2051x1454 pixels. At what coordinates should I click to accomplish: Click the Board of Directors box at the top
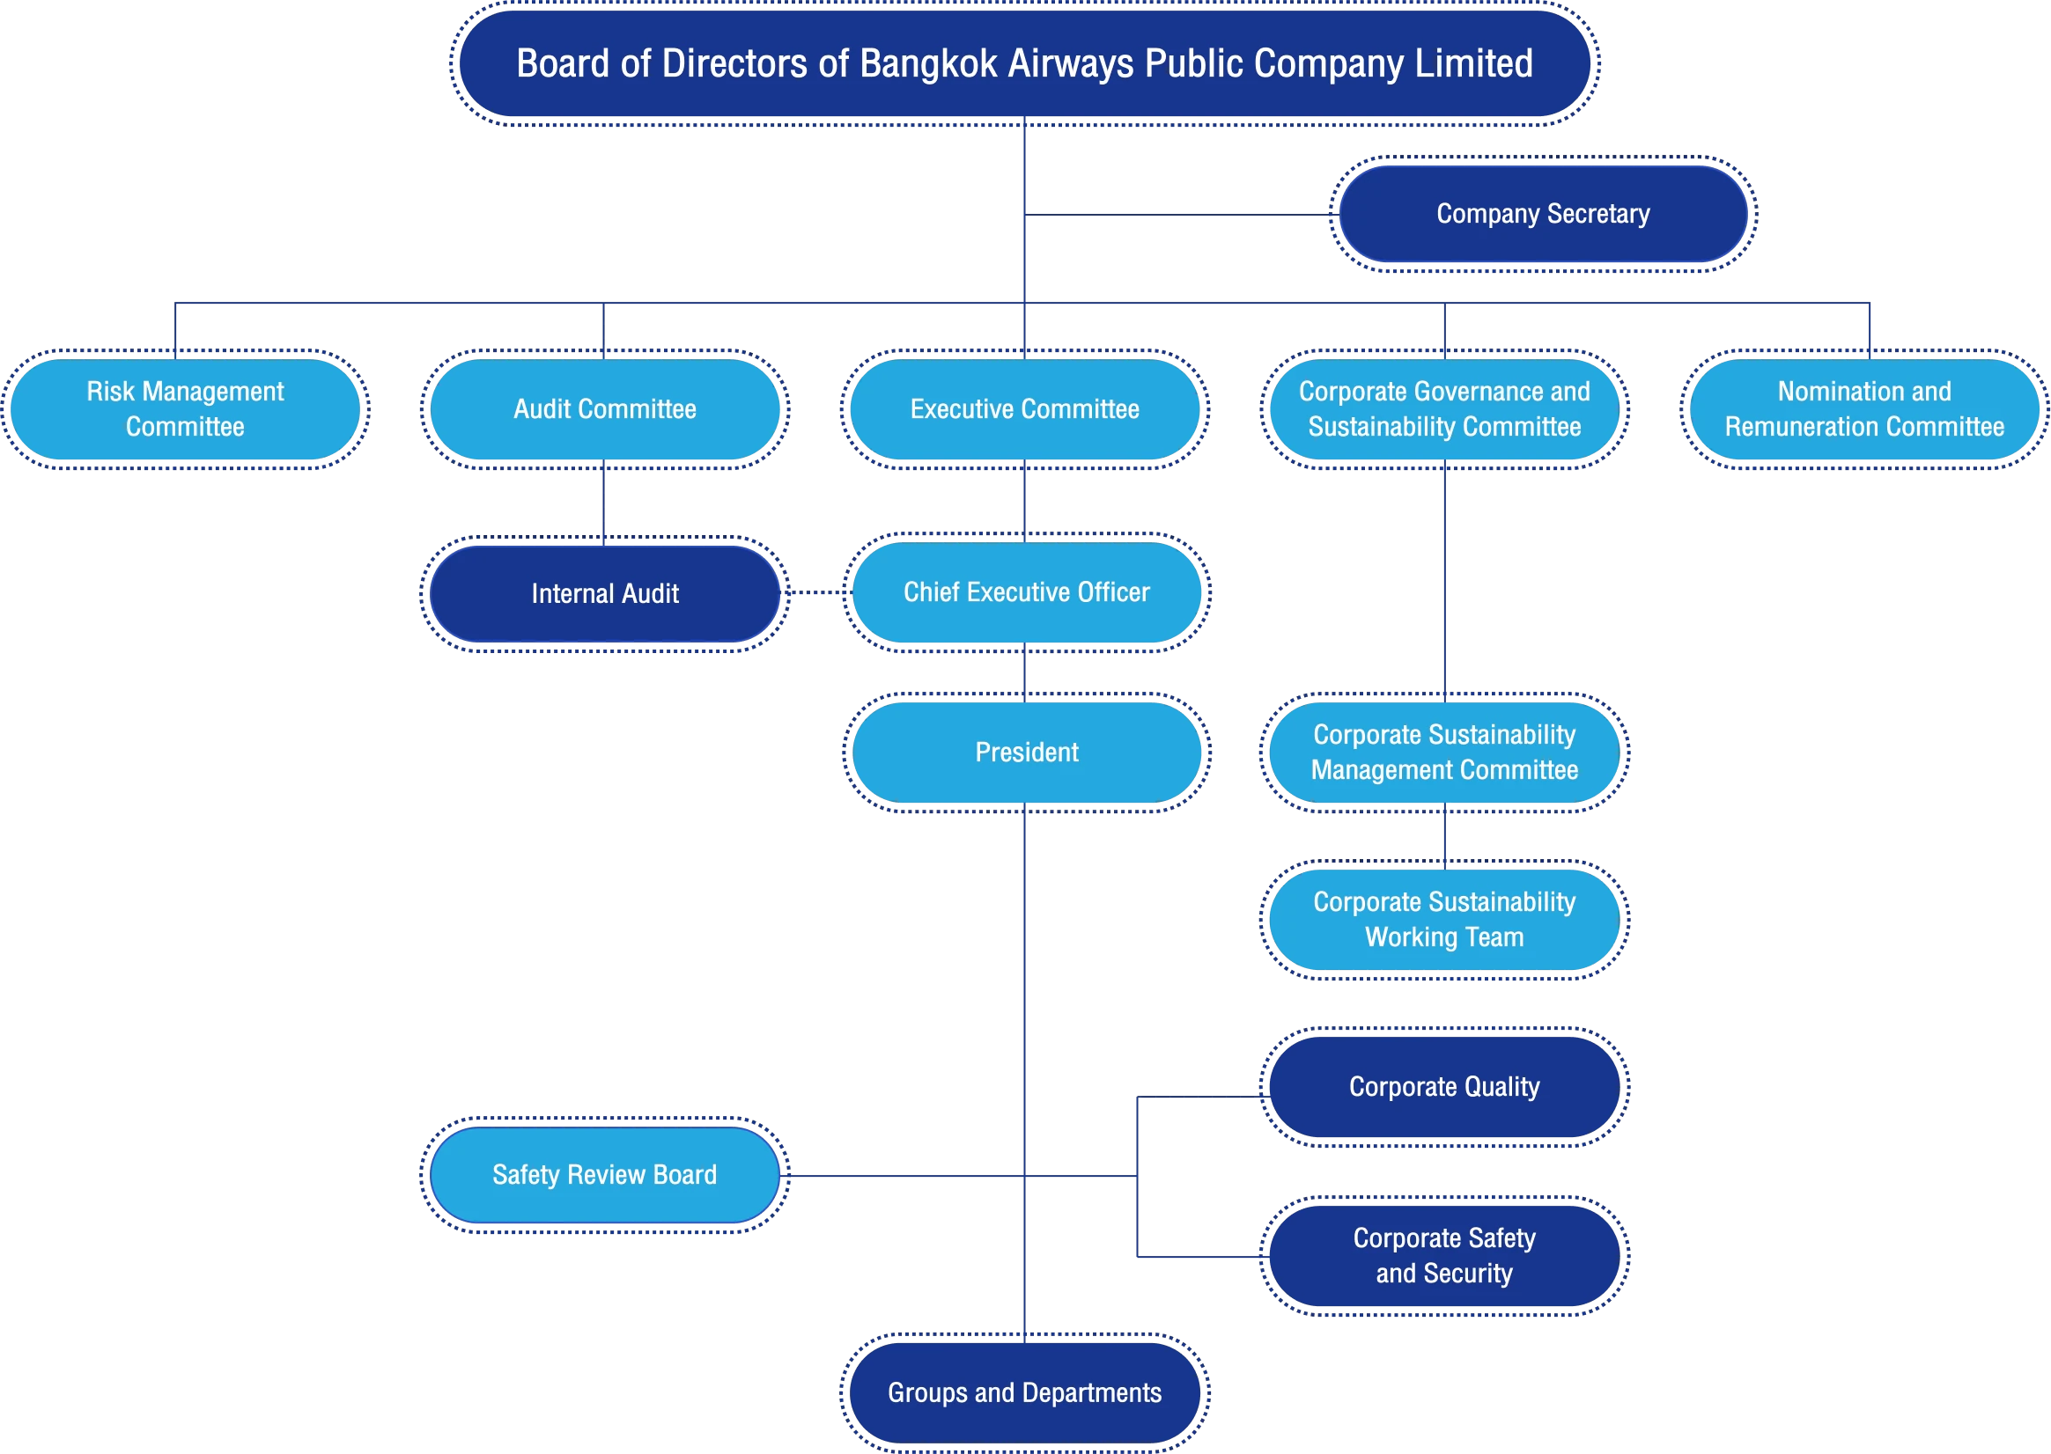point(1024,63)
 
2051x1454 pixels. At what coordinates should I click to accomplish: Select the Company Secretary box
point(1543,214)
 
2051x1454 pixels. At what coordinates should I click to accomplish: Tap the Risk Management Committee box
point(186,409)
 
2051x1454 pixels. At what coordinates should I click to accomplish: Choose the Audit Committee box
point(604,409)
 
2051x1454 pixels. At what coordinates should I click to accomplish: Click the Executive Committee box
point(1024,409)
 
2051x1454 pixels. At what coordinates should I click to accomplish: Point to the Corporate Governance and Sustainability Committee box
point(1444,409)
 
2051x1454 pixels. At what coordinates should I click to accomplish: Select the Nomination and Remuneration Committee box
point(1864,409)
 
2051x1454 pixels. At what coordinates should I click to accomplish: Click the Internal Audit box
point(604,593)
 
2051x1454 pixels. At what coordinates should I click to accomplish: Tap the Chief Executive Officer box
point(1027,591)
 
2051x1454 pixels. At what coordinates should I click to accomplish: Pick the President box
point(1027,752)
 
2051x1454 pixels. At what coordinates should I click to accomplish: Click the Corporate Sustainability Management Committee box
point(1444,752)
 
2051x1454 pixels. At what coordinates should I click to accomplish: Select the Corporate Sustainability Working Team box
point(1444,920)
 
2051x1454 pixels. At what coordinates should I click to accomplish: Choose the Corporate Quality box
point(1444,1087)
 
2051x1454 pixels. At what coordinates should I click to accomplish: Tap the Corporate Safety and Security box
point(1444,1255)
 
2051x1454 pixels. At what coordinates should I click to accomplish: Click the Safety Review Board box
point(604,1175)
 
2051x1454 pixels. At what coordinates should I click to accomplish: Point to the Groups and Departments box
point(1024,1392)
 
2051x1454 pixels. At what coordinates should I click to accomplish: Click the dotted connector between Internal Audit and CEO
point(817,591)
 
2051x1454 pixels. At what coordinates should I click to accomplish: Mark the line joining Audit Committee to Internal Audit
point(603,503)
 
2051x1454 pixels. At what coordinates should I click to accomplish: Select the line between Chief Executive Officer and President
point(1024,672)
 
